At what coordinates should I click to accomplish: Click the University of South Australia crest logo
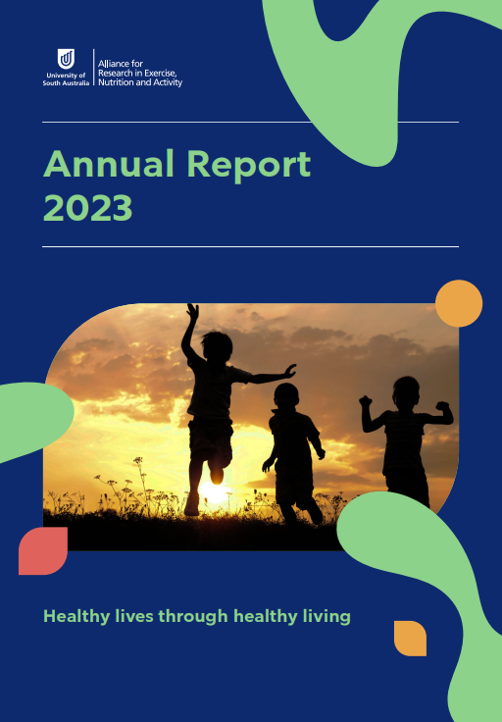click(66, 58)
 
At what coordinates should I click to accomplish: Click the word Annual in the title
click(107, 164)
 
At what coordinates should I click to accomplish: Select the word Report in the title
click(248, 165)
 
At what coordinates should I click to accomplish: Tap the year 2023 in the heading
click(88, 208)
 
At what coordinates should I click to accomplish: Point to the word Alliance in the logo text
click(115, 63)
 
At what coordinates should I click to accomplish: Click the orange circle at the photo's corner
click(458, 303)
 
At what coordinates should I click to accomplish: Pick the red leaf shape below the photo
click(43, 550)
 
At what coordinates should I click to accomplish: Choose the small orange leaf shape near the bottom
click(410, 637)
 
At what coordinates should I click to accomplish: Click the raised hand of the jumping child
click(192, 313)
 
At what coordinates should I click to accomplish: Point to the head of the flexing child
click(405, 390)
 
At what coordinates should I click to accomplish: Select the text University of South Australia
click(66, 79)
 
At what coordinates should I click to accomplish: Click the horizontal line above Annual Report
click(250, 123)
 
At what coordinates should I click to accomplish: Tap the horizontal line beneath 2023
click(250, 246)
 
